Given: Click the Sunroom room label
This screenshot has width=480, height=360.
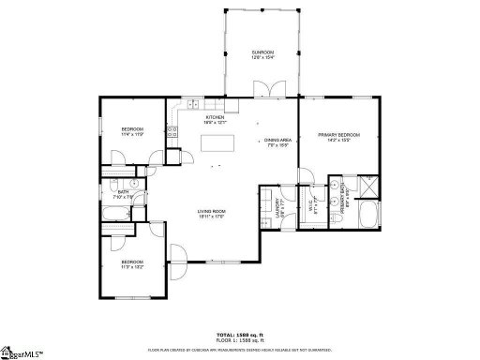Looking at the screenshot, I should pos(262,54).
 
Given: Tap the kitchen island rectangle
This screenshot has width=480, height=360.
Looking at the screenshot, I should pos(217,144).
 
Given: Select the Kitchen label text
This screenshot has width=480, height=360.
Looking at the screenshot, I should pos(215,119).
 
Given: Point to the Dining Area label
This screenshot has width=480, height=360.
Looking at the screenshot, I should pos(277,142).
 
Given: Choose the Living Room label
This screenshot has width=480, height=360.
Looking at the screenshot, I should pos(212,214).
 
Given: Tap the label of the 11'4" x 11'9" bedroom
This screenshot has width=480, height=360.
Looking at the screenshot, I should pos(131,130).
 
